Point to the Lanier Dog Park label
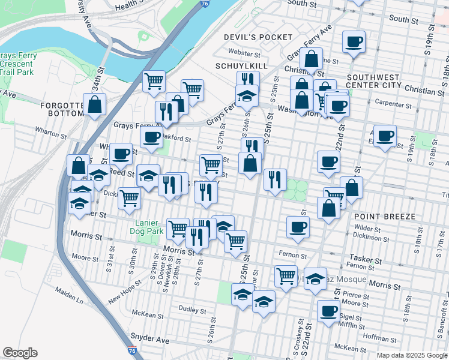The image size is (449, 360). coord(147,227)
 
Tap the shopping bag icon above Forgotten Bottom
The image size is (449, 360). coord(95,104)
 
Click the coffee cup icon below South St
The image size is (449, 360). coord(354,42)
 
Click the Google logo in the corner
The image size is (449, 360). coord(20,353)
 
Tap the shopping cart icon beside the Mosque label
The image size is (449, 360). coord(286,276)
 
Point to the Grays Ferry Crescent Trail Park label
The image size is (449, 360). coord(18,64)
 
